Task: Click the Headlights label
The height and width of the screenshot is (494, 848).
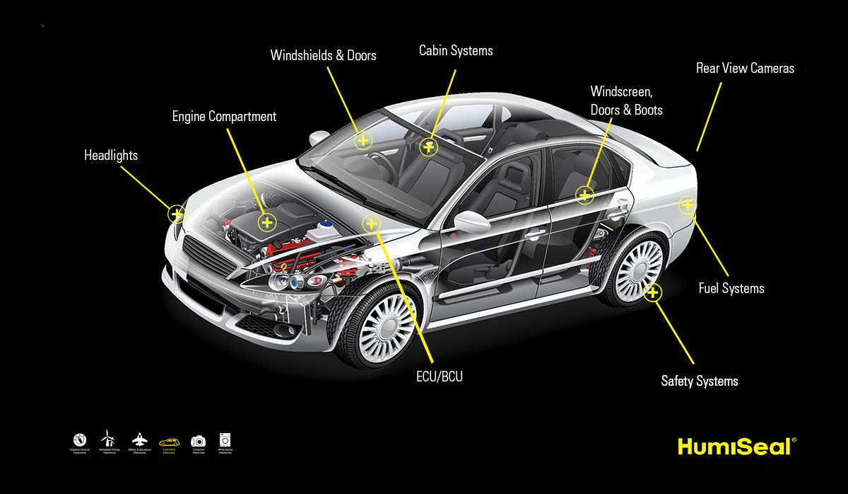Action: pyautogui.click(x=111, y=156)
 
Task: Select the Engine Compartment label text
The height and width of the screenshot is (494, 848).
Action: pyautogui.click(x=224, y=117)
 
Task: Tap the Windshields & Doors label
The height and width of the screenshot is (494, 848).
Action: pyautogui.click(x=323, y=55)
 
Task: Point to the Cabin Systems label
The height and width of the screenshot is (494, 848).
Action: pyautogui.click(x=456, y=51)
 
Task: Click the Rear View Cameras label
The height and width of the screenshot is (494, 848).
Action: pyautogui.click(x=745, y=69)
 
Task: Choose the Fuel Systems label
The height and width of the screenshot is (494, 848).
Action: pyautogui.click(x=731, y=289)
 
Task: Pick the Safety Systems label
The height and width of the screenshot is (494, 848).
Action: pyautogui.click(x=700, y=381)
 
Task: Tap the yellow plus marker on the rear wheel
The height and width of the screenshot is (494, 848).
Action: pyautogui.click(x=653, y=292)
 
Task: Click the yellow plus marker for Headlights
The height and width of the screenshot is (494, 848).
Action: pyautogui.click(x=177, y=213)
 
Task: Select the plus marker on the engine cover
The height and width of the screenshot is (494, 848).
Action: pyautogui.click(x=266, y=223)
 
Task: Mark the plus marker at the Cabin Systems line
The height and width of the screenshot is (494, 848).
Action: pyautogui.click(x=428, y=147)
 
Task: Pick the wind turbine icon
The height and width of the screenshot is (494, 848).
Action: pyautogui.click(x=107, y=439)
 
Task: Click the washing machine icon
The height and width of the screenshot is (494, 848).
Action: pyautogui.click(x=225, y=440)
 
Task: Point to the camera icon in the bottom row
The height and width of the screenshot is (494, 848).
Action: pyautogui.click(x=198, y=441)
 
